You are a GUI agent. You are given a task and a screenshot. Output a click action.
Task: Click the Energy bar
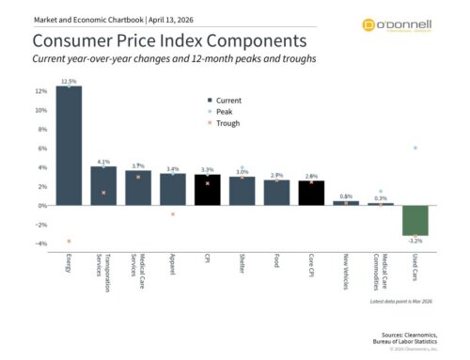point(69,146)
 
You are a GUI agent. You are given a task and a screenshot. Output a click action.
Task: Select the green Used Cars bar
point(415,220)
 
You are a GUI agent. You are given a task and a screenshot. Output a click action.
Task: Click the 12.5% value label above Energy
point(69,81)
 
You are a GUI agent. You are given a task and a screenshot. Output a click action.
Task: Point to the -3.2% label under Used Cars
point(415,241)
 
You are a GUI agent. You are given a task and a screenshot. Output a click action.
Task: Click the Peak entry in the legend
point(224,111)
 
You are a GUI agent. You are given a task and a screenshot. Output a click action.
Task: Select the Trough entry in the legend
point(227,122)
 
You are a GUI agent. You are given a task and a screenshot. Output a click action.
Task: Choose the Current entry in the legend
point(227,100)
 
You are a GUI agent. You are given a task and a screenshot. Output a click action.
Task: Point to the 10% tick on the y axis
point(39,110)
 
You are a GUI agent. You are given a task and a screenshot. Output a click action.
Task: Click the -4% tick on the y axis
point(39,243)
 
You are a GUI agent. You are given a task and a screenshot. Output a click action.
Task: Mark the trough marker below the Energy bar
point(69,241)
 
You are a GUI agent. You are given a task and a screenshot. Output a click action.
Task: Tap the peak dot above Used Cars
point(415,148)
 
